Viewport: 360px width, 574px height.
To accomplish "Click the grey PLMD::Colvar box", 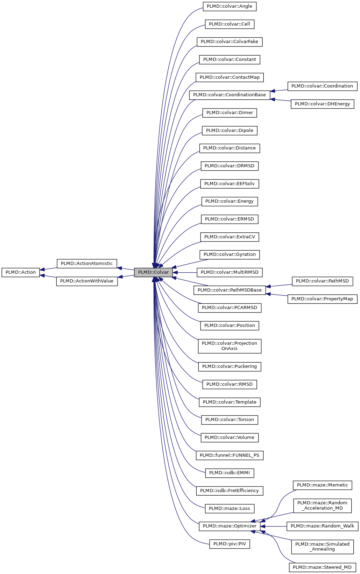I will [x=153, y=272].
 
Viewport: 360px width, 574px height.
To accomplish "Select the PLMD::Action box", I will [x=21, y=272].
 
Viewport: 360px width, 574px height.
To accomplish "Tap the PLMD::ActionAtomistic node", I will [x=87, y=264].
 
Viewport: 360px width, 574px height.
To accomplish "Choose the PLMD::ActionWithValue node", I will [x=87, y=281].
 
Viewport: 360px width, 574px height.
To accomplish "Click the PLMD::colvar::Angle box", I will [x=230, y=6].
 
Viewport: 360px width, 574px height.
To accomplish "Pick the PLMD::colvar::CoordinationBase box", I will [x=230, y=95].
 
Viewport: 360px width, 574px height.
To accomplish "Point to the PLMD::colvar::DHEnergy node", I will [x=322, y=104].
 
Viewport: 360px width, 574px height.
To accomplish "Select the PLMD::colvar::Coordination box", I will [x=322, y=86].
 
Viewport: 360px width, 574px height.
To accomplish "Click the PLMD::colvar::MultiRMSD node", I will [x=230, y=272].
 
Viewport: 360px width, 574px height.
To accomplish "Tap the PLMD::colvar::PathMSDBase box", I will [x=230, y=290].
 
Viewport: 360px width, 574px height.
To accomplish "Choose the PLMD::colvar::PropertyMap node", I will [x=322, y=299].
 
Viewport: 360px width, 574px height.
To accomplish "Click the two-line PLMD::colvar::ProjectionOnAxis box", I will [x=230, y=346].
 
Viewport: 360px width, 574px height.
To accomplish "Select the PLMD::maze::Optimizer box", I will [x=230, y=526].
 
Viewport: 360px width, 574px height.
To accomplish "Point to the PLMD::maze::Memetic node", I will [x=322, y=485].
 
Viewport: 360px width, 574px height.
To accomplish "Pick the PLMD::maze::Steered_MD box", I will [x=322, y=567].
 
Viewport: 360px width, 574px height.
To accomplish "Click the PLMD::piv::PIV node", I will [x=230, y=544].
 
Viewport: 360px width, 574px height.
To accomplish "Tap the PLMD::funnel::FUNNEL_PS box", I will [x=230, y=455].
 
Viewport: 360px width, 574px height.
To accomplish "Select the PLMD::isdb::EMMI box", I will [x=230, y=473].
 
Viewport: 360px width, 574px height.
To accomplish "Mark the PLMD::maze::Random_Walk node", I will [x=322, y=526].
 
